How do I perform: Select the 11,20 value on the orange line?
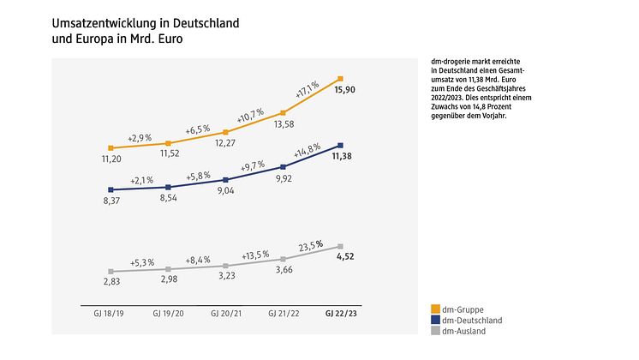111,159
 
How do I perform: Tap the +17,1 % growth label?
307,87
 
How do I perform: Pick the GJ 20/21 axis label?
225,314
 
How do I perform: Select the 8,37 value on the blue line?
110,200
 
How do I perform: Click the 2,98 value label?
168,280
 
